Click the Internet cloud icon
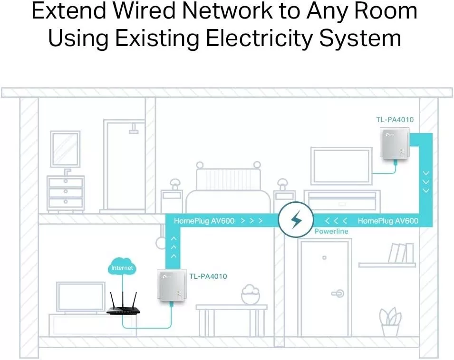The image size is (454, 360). point(122,267)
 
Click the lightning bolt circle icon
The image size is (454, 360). point(296,219)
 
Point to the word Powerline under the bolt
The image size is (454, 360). point(331,231)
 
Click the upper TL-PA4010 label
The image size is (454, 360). point(395,120)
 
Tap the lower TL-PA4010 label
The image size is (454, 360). point(208,276)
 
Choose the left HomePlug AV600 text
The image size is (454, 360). point(204,221)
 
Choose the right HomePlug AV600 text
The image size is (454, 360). point(387,221)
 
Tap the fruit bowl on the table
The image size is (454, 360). point(251,295)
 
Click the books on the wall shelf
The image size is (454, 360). point(400,253)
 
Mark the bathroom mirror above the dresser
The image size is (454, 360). point(65,149)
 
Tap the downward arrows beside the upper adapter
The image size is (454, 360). point(425,181)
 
